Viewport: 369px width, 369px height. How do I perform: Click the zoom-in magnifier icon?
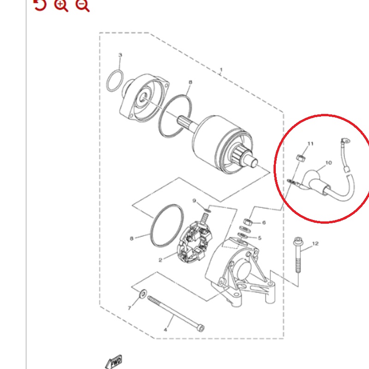click(61, 5)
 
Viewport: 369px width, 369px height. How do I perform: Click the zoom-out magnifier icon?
click(83, 5)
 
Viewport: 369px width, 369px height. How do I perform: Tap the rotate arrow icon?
click(40, 5)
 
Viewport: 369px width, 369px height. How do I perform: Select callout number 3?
click(120, 55)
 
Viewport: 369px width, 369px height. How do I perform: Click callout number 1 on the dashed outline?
click(221, 70)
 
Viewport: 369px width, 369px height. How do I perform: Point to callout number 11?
click(310, 143)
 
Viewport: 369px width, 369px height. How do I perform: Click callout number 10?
click(328, 163)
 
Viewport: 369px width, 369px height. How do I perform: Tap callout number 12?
click(315, 244)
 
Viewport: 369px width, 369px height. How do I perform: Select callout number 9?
click(194, 201)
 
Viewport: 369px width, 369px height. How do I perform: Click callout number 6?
click(264, 222)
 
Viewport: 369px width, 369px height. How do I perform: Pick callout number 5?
click(260, 238)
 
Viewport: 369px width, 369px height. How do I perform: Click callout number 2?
click(160, 260)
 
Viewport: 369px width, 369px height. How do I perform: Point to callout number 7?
click(129, 308)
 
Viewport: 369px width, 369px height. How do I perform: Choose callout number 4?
click(166, 330)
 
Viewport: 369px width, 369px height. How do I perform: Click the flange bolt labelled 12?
click(298, 255)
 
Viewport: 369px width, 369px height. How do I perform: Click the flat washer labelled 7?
click(143, 293)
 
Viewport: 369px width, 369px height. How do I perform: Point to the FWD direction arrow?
click(114, 362)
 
